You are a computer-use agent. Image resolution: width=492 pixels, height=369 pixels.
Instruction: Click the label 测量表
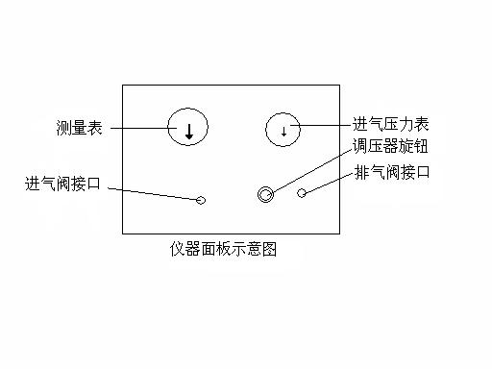click(80, 126)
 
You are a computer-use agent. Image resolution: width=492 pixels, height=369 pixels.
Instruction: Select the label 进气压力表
click(390, 124)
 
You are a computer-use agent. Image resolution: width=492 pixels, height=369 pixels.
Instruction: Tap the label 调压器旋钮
click(390, 147)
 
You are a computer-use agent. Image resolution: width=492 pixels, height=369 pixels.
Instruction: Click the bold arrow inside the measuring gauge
click(189, 132)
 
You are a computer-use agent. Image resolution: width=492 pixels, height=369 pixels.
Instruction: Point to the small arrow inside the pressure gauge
click(283, 131)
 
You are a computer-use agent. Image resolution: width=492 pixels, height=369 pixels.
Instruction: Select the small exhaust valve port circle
click(302, 193)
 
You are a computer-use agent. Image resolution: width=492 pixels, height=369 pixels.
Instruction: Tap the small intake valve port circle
click(201, 200)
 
